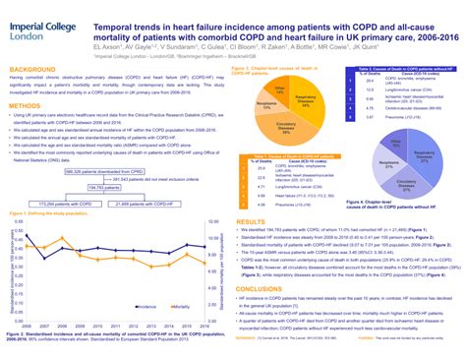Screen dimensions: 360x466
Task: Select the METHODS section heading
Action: (x=26, y=103)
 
